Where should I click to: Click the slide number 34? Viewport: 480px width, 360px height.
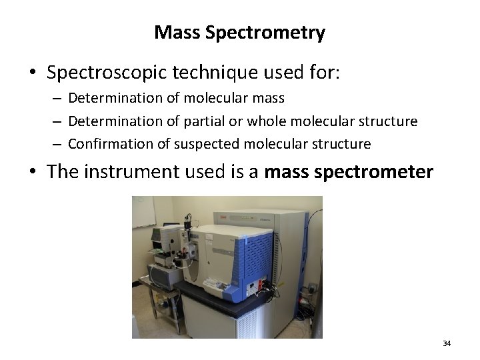click(x=447, y=343)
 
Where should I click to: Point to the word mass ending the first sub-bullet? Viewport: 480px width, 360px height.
click(x=269, y=99)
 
